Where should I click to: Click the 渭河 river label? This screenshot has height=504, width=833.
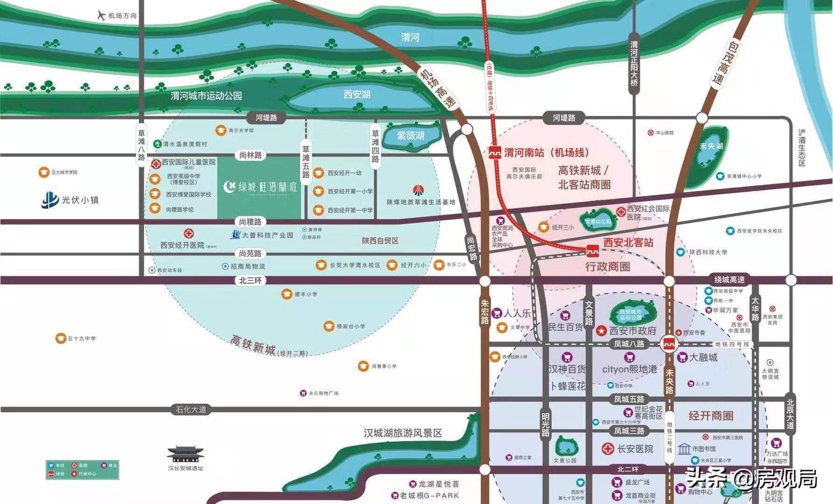(410, 37)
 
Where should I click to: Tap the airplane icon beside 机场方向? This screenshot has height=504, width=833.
(101, 15)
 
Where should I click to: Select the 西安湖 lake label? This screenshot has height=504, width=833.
(357, 95)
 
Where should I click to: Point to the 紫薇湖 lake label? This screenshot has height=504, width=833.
(411, 136)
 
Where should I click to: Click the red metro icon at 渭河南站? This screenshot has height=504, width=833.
(495, 153)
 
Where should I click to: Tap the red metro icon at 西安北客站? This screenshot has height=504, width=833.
(593, 251)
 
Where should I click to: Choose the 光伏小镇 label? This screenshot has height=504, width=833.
(80, 200)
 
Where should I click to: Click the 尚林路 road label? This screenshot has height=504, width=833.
(251, 156)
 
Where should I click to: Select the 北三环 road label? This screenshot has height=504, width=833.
(251, 280)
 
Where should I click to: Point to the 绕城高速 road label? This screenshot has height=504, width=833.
(729, 280)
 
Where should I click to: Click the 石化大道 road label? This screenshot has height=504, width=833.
(191, 410)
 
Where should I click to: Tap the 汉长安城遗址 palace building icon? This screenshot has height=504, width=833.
(186, 454)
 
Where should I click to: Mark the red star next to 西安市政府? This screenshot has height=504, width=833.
(602, 331)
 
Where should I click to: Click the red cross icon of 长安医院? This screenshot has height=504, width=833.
(608, 449)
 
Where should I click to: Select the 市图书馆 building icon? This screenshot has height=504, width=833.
(684, 449)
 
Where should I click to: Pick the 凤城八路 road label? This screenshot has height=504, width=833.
(629, 344)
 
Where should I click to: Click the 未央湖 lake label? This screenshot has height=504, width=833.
(711, 146)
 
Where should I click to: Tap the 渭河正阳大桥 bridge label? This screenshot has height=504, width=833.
(634, 64)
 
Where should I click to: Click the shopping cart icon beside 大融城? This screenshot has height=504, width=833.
(682, 357)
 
